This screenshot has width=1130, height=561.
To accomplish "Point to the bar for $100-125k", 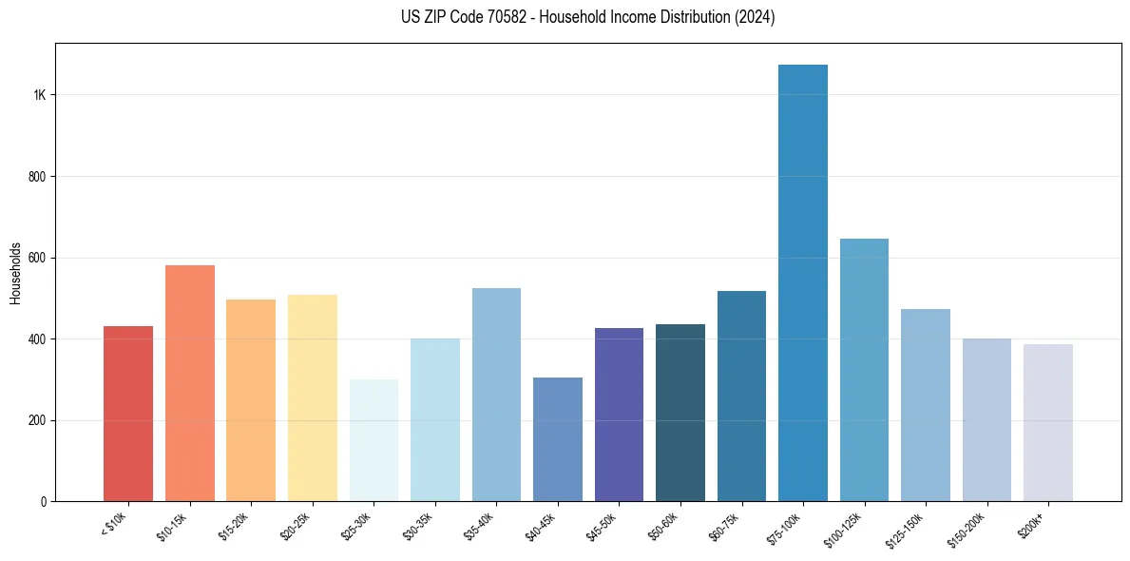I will (864, 370).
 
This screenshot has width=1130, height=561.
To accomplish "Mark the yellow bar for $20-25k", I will (313, 398).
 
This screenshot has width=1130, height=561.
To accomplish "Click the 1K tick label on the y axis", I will (40, 95).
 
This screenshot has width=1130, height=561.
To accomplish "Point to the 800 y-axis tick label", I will (38, 177).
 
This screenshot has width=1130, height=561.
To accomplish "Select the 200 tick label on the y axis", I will (38, 420).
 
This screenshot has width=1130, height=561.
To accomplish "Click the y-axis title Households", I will (15, 273).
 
